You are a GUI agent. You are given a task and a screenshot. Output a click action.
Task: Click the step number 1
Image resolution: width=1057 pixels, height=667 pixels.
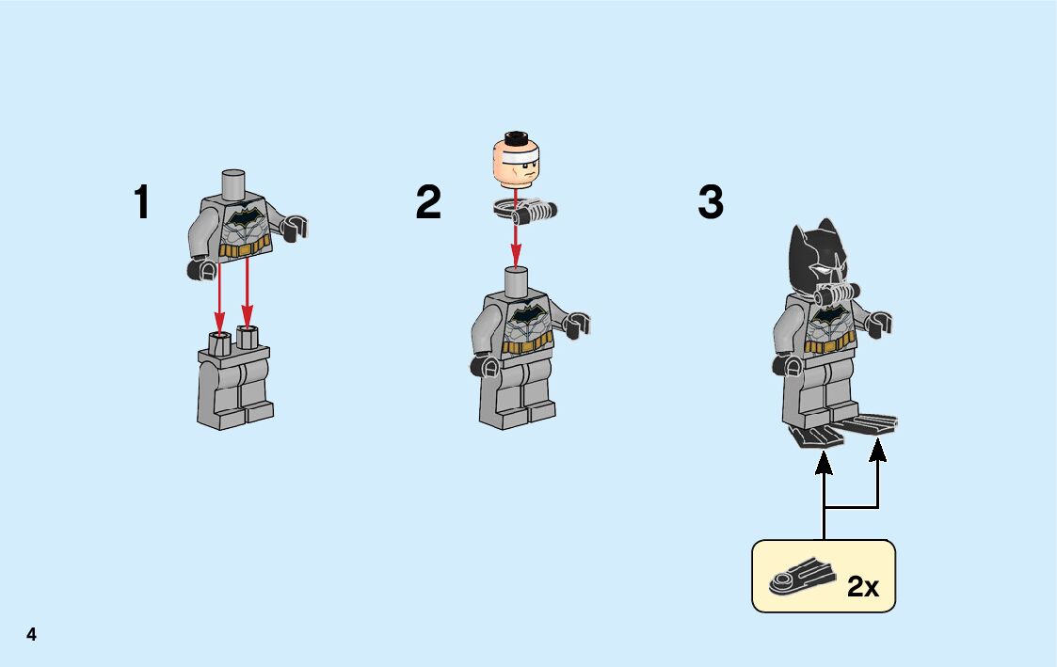tap(141, 201)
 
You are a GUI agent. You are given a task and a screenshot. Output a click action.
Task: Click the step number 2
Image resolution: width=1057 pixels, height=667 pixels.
tap(429, 201)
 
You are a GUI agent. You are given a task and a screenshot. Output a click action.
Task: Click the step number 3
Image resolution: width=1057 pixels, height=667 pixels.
tap(711, 201)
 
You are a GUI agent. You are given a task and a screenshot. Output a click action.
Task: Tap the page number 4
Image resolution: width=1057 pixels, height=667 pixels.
tap(31, 634)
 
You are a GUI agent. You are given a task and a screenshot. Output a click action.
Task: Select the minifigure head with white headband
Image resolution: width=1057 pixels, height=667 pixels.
tap(517, 158)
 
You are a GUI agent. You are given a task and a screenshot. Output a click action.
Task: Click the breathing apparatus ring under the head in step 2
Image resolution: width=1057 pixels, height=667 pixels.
tap(524, 210)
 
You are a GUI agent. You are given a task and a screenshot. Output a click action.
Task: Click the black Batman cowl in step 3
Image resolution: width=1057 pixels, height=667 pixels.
tap(817, 256)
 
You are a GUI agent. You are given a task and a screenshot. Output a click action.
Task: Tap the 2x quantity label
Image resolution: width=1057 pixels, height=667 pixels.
tap(863, 586)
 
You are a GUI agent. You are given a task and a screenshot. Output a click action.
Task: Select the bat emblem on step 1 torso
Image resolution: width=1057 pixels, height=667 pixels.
tap(243, 218)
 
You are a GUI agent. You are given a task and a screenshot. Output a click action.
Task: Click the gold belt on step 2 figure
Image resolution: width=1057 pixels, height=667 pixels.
tap(527, 344)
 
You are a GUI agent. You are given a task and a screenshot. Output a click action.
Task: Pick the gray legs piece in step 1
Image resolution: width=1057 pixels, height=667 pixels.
tap(234, 377)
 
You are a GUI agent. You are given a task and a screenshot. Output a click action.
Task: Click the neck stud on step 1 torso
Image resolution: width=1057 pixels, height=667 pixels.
tap(233, 183)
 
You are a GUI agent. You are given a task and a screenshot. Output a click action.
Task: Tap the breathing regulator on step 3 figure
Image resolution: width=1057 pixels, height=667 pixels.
tap(838, 294)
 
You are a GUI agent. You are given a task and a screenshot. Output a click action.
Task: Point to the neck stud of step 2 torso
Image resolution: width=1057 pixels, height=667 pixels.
tap(517, 281)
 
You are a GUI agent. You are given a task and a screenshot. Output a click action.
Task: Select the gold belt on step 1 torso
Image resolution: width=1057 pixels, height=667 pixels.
tap(244, 247)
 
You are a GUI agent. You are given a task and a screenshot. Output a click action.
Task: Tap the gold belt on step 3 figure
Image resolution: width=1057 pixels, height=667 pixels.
tap(830, 346)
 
